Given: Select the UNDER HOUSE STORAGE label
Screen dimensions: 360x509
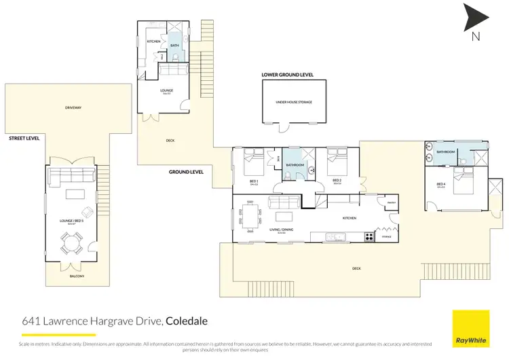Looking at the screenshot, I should tap(293, 102).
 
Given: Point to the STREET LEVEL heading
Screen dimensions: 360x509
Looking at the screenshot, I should tap(24, 138).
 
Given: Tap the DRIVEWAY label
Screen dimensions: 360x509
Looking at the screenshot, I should tap(73, 107).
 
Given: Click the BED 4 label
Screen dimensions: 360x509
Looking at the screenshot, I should tap(440, 184).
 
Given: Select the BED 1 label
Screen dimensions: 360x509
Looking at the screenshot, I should tap(254, 181).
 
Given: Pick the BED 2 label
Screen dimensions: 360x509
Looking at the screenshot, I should tap(336, 181).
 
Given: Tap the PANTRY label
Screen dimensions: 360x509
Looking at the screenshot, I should tap(391, 202).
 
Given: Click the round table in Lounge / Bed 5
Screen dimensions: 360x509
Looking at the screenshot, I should tap(71, 242).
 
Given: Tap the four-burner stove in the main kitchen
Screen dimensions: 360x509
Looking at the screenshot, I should tap(370, 237).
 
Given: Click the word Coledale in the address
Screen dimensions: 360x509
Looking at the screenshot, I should tap(187, 320).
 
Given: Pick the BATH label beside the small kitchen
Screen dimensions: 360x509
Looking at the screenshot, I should tap(174, 46).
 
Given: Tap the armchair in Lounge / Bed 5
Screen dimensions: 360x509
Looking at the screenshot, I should tap(89, 211).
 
